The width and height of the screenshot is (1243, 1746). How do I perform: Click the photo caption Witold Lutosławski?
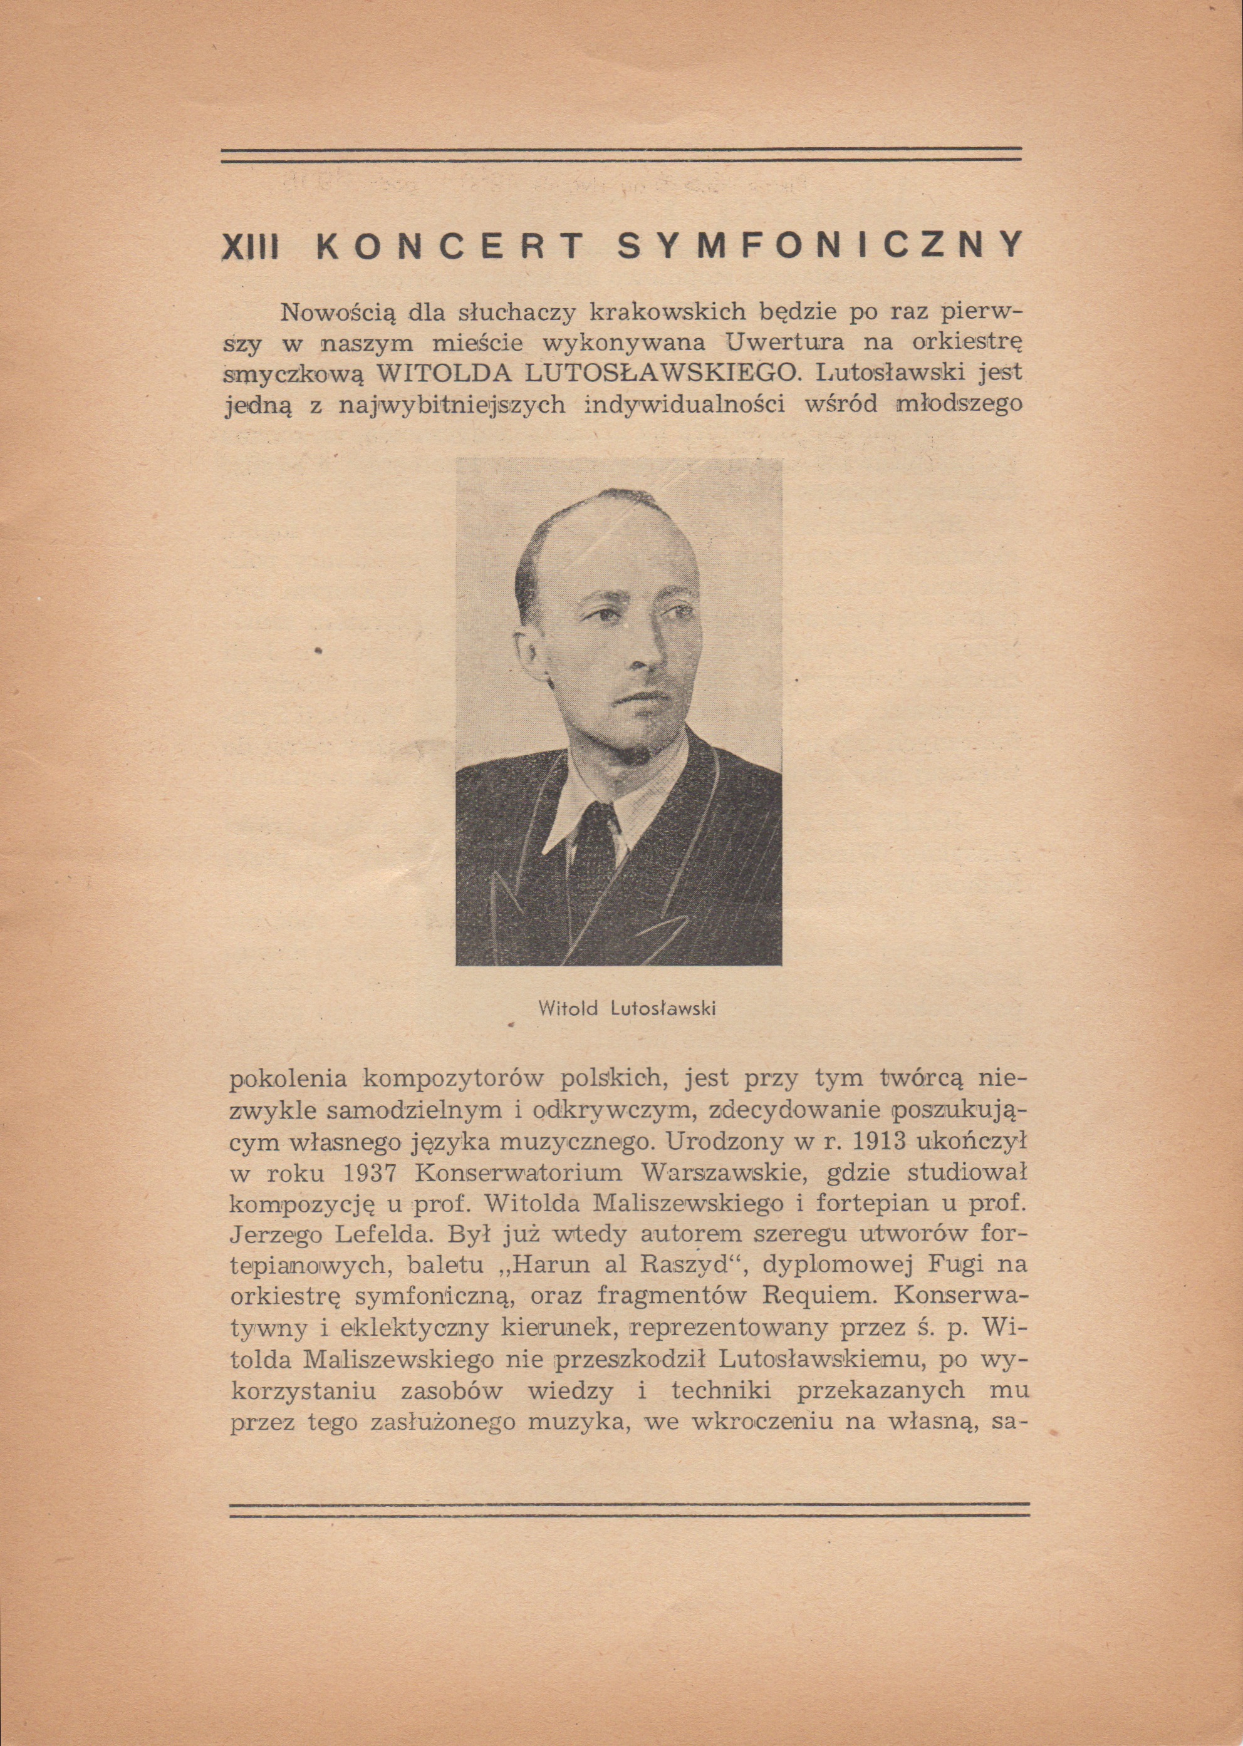(626, 1008)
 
